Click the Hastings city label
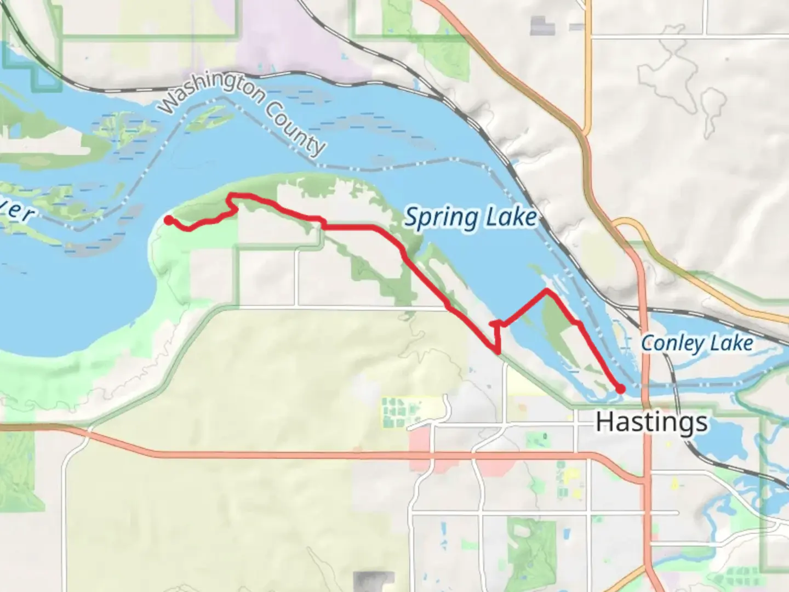(x=651, y=422)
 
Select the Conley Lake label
(x=696, y=344)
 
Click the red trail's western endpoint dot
(x=169, y=220)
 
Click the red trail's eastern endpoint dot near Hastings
(x=620, y=389)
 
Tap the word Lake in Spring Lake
(x=511, y=218)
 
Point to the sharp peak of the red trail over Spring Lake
(x=546, y=290)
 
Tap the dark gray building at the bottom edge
(x=374, y=581)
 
